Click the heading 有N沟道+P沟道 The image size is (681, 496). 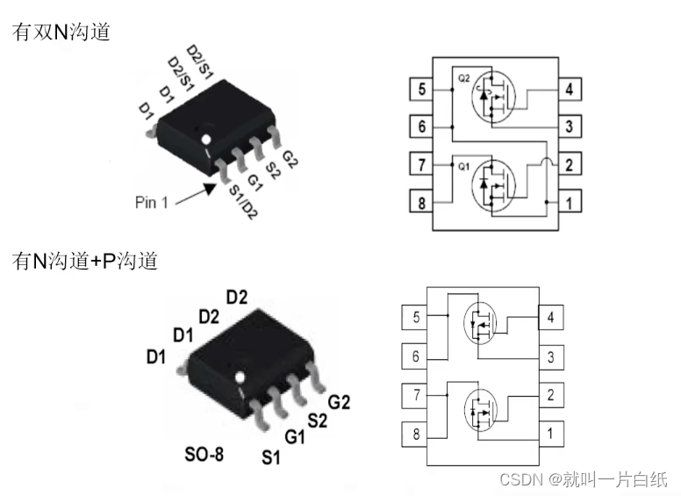(x=84, y=261)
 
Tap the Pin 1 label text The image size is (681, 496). (x=152, y=202)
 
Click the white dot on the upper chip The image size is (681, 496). (x=206, y=139)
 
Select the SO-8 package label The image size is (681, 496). (x=204, y=455)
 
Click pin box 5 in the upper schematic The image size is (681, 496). (x=421, y=89)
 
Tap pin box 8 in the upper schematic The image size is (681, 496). (x=421, y=204)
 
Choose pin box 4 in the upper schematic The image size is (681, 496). (x=570, y=89)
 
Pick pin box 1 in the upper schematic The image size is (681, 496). (x=570, y=204)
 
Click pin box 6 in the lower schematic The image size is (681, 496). (x=415, y=356)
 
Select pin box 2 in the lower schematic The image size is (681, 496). (x=550, y=394)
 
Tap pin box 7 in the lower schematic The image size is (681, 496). (x=415, y=394)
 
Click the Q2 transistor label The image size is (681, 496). (x=465, y=77)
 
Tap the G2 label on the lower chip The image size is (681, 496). (x=340, y=402)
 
